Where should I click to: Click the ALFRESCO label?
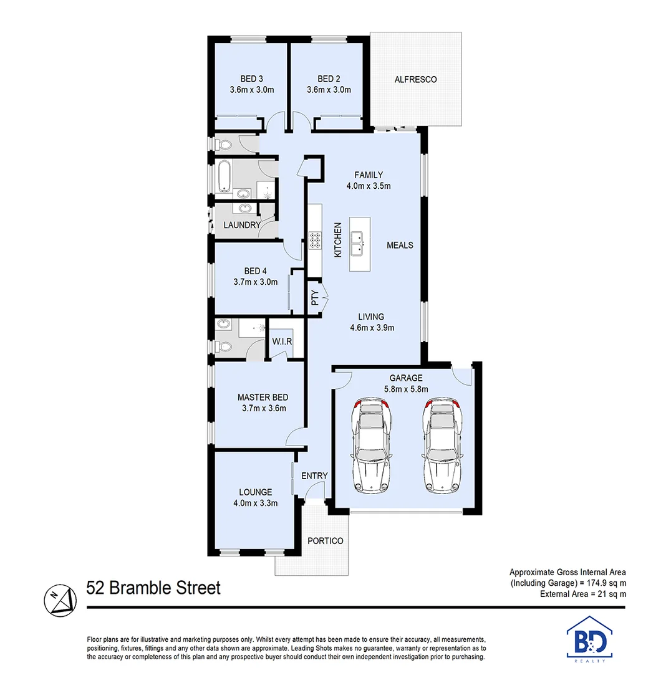415,80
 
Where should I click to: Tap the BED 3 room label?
251,79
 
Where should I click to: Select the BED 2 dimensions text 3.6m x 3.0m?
329,90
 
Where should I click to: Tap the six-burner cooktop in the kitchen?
314,241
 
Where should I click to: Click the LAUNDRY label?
242,225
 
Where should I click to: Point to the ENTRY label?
314,476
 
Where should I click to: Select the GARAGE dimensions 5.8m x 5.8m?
406,389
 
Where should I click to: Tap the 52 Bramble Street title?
153,588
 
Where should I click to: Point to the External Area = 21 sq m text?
583,594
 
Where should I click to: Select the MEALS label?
400,245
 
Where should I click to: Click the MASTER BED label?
263,397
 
